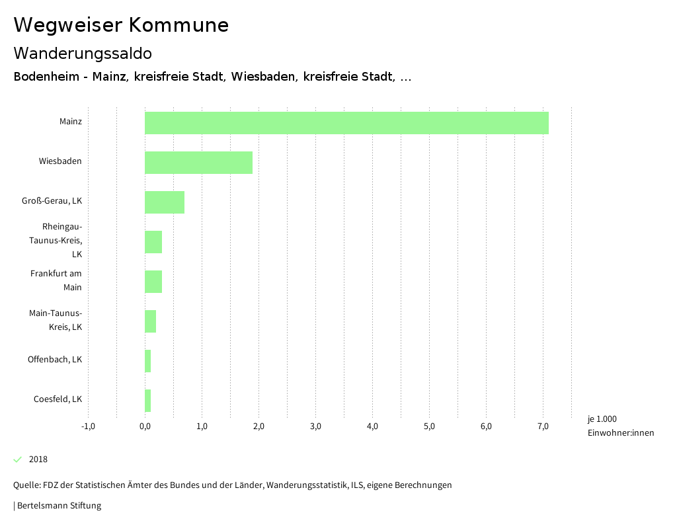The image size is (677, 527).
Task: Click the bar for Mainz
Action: click(x=346, y=123)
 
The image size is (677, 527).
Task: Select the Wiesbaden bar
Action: click(x=198, y=163)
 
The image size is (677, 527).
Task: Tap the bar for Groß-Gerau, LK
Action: click(x=165, y=202)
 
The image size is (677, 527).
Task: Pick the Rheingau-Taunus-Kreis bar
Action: click(x=153, y=242)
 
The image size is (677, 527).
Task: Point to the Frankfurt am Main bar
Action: click(x=153, y=282)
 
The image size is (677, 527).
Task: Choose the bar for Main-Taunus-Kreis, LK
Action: click(x=151, y=321)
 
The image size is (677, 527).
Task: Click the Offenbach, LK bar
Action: click(x=148, y=361)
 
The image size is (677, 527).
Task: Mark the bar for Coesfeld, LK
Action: click(x=148, y=401)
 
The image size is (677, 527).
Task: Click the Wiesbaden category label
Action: click(x=60, y=161)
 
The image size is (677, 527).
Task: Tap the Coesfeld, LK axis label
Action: click(x=58, y=399)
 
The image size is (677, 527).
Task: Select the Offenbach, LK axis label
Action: click(x=55, y=360)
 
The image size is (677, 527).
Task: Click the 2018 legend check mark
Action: click(x=18, y=460)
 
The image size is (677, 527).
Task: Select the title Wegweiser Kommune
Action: click(x=121, y=25)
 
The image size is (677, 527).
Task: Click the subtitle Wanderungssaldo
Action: click(x=83, y=53)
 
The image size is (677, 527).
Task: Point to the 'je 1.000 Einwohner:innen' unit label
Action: click(x=620, y=426)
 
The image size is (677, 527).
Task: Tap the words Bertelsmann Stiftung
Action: click(x=59, y=506)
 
